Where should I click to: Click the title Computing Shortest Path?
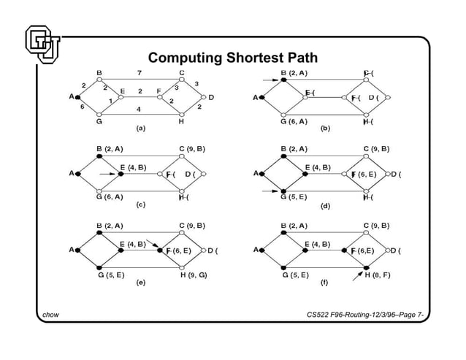pyautogui.click(x=233, y=58)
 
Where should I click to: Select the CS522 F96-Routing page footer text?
pyautogui.click(x=367, y=315)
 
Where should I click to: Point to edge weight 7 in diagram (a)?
pyautogui.click(x=140, y=73)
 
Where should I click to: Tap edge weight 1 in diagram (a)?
pyautogui.click(x=110, y=100)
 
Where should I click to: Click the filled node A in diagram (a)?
pyautogui.click(x=78, y=96)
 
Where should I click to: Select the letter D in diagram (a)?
pyautogui.click(x=211, y=96)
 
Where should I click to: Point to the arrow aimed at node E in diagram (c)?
pyautogui.click(x=107, y=174)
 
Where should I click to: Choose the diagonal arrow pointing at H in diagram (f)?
pyautogui.click(x=358, y=274)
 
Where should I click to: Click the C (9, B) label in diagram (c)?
pyautogui.click(x=193, y=149)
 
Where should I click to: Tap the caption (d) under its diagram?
pyautogui.click(x=325, y=206)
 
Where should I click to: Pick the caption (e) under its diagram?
pyautogui.click(x=140, y=283)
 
